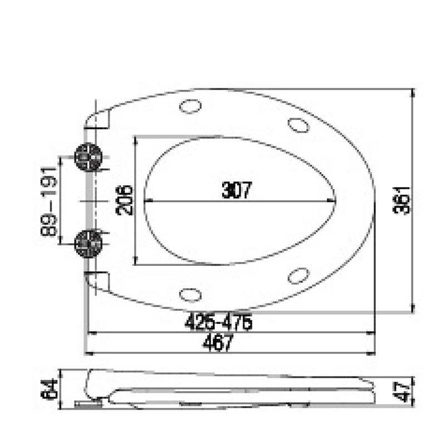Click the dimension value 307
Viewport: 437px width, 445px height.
[237, 190]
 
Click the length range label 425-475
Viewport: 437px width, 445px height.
[219, 322]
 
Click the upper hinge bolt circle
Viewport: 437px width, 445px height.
[88, 157]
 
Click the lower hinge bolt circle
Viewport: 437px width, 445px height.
[88, 243]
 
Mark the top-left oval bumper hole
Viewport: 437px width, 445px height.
[190, 106]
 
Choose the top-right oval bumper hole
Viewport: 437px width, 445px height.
[299, 125]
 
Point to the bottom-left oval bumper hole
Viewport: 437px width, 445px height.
[190, 293]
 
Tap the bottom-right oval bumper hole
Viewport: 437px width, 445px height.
[299, 275]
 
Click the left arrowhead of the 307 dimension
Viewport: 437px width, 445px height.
[148, 201]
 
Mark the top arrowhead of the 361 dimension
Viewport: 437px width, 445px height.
[413, 92]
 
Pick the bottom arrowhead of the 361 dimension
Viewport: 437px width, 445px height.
[413, 310]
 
